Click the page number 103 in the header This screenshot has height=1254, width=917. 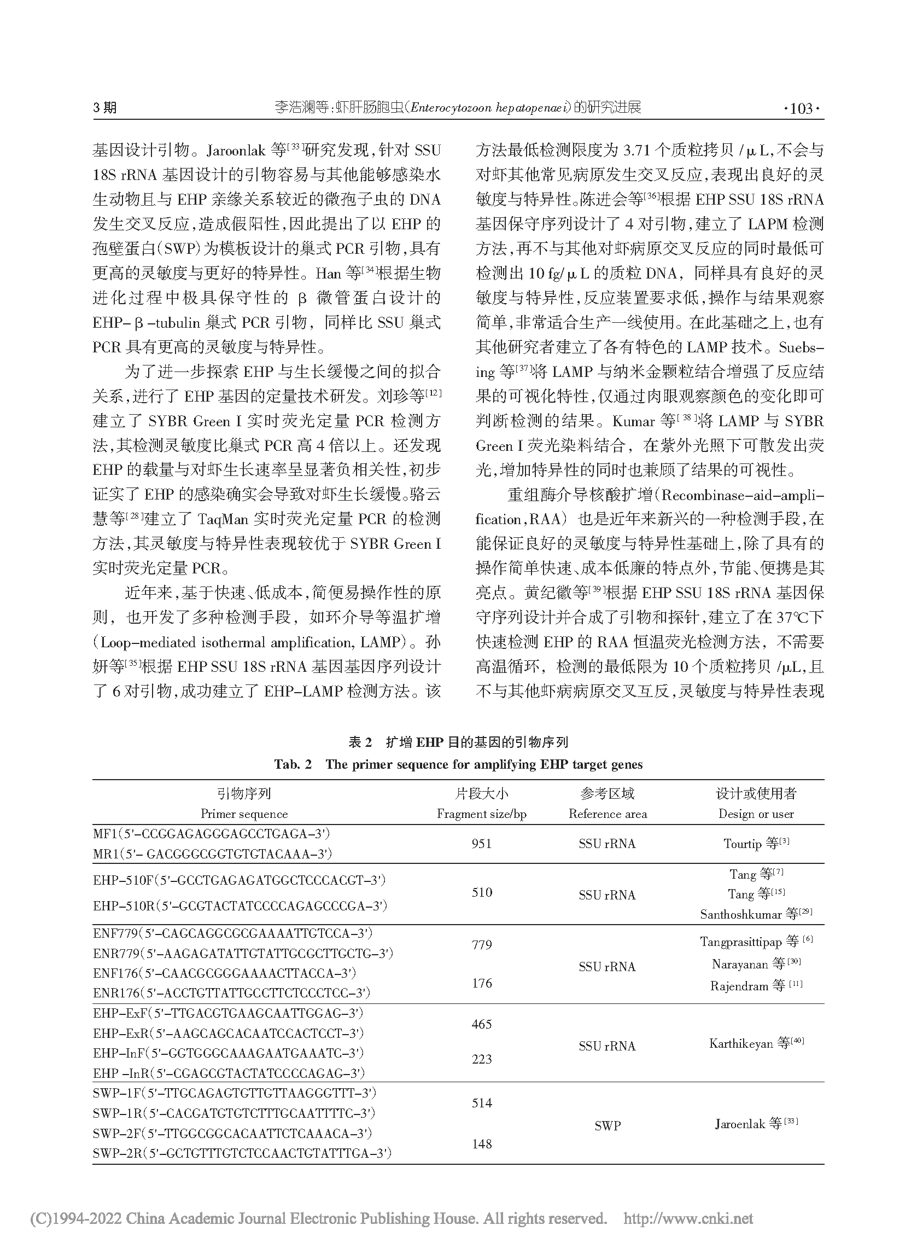click(801, 108)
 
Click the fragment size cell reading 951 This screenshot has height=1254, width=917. click(481, 844)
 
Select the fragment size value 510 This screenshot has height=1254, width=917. click(481, 892)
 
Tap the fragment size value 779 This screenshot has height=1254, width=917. click(481, 944)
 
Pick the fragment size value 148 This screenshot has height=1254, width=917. click(481, 1143)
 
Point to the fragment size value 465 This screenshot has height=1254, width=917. click(481, 1024)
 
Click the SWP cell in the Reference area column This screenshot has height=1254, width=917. click(608, 1126)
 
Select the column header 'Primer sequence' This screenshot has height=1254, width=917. click(244, 814)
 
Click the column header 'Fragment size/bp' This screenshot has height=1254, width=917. click(481, 814)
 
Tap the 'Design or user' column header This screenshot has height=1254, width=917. click(756, 814)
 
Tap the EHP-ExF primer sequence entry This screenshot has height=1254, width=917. click(228, 1013)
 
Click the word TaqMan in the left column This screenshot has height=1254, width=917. click(223, 519)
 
